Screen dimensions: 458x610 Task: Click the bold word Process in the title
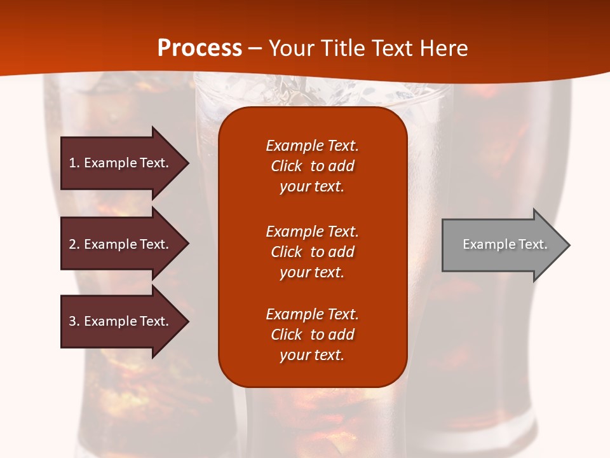[x=200, y=48]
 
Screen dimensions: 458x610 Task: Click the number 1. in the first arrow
[x=74, y=163]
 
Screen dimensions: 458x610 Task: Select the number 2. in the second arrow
[x=74, y=244]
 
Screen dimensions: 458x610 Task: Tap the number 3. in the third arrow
[x=74, y=321]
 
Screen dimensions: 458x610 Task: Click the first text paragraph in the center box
[x=312, y=166]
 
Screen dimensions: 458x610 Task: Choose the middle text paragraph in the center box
[x=312, y=252]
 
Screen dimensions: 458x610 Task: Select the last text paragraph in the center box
[x=312, y=335]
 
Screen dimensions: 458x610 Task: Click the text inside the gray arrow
[x=505, y=244]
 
